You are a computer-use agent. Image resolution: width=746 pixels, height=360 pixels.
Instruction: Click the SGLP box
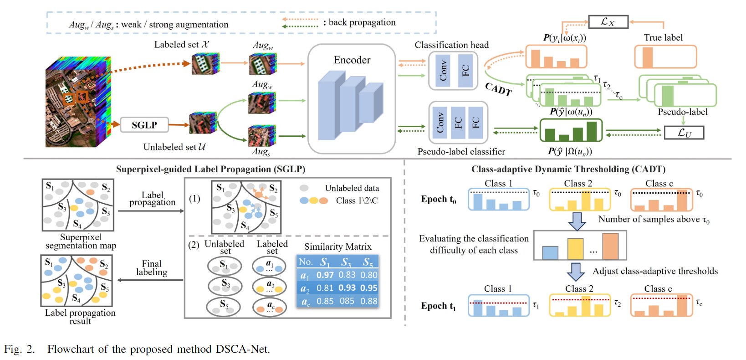pyautogui.click(x=144, y=125)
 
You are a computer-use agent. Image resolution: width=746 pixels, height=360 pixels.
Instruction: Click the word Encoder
pyautogui.click(x=352, y=60)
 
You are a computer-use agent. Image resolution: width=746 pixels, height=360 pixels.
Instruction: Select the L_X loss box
pyautogui.click(x=608, y=22)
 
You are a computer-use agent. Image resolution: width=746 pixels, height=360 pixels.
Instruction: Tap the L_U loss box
pyautogui.click(x=684, y=133)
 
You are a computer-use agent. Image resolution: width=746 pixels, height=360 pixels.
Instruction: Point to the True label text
pyautogui.click(x=663, y=38)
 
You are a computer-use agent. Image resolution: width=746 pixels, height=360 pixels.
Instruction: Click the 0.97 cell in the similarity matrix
pyautogui.click(x=325, y=275)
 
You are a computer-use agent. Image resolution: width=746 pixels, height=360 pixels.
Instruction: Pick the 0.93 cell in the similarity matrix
pyautogui.click(x=347, y=288)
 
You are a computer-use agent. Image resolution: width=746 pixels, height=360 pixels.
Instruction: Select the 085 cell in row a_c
pyautogui.click(x=347, y=301)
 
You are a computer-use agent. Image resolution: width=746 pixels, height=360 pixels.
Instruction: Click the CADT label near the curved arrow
pyautogui.click(x=498, y=89)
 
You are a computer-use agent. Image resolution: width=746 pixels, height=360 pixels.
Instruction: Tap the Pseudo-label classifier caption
pyautogui.click(x=461, y=152)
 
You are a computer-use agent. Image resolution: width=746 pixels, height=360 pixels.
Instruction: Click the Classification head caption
pyautogui.click(x=451, y=45)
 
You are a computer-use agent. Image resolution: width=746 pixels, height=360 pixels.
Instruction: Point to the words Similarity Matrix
pyautogui.click(x=338, y=247)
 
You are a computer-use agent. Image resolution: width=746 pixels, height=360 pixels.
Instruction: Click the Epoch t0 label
pyautogui.click(x=438, y=200)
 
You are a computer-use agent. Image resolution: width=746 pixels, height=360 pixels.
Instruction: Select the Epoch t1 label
pyautogui.click(x=438, y=306)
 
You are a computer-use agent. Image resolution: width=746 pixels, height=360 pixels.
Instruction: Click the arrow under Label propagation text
pyautogui.click(x=151, y=211)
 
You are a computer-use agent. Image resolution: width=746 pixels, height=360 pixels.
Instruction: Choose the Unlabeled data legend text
pyautogui.click(x=352, y=188)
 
